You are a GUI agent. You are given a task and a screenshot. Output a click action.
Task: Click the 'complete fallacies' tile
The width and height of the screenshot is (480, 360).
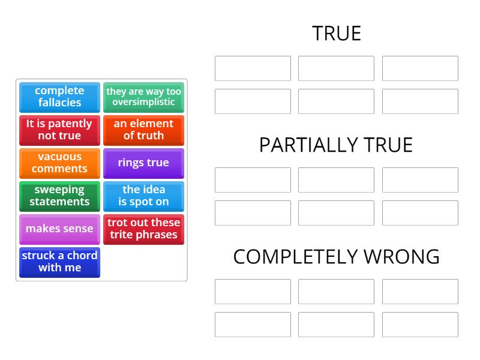point(59,97)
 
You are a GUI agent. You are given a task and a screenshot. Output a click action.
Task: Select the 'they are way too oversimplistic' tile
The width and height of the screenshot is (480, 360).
point(143,97)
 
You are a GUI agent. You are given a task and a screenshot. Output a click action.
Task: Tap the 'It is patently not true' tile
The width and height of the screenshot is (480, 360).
point(59,130)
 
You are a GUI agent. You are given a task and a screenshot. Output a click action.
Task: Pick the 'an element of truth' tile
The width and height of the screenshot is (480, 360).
point(143,130)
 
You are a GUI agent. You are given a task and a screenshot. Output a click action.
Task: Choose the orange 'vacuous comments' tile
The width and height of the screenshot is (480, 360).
point(59,163)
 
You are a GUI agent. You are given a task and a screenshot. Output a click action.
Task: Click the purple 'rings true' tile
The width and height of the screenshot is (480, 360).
point(143,163)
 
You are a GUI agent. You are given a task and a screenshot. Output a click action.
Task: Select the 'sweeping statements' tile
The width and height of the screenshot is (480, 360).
point(59,196)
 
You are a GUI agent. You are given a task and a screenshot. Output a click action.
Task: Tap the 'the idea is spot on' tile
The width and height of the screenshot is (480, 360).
point(143,196)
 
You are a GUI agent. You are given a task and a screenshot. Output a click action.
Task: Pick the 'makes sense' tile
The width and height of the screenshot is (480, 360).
point(59,229)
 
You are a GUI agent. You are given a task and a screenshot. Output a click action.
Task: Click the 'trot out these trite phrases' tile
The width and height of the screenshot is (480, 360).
point(143,229)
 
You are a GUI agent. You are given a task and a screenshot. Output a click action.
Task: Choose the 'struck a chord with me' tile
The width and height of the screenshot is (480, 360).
point(59,262)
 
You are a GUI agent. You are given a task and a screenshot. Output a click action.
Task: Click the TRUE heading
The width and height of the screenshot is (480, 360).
point(336,34)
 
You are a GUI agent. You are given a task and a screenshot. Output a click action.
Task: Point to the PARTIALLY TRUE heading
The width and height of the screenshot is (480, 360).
point(336,145)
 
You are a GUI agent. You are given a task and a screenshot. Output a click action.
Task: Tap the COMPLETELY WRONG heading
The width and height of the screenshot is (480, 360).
point(336,257)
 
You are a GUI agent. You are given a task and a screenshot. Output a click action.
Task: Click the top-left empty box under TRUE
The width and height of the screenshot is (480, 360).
point(253,68)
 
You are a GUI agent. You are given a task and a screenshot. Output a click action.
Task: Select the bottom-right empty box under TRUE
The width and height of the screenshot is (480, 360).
point(420,101)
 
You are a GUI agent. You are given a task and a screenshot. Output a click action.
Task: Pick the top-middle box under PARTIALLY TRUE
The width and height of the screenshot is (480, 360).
point(336,180)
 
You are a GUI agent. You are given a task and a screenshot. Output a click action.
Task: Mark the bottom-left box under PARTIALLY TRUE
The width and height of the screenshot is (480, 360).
point(253,213)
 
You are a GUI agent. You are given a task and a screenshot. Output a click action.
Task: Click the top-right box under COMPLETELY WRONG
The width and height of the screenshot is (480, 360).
point(420,292)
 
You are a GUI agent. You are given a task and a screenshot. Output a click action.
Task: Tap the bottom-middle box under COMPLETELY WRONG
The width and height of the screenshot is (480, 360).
point(336,325)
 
